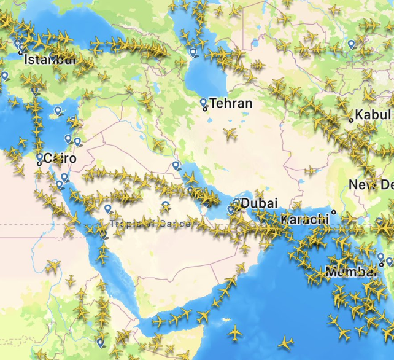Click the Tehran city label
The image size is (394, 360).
[231, 103]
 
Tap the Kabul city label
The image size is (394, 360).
[373, 114]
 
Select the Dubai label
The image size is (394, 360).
[259, 203]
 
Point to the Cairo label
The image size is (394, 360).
[60, 158]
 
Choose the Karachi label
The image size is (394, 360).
[305, 219]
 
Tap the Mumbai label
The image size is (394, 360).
[351, 272]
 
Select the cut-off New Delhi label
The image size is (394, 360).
[371, 184]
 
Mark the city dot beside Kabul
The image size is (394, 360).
[351, 120]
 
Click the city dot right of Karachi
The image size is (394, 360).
[333, 213]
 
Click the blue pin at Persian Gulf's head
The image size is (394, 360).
[176, 165]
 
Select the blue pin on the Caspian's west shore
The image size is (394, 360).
[193, 52]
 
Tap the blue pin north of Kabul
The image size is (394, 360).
[351, 44]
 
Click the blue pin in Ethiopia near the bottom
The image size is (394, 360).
[100, 342]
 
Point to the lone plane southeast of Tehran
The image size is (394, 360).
[230, 133]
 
